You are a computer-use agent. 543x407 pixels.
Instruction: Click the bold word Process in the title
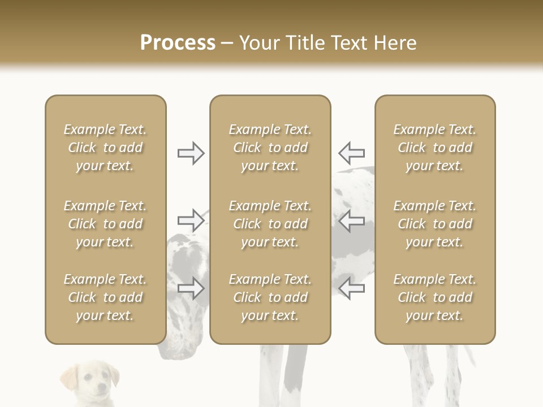(178, 42)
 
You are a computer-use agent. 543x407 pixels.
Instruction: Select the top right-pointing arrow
(191, 153)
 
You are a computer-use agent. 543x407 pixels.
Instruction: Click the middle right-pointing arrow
(191, 220)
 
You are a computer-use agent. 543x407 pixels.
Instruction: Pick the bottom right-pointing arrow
(191, 288)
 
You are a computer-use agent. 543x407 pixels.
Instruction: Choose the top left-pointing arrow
(351, 153)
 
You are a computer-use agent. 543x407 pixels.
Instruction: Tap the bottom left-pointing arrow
(351, 288)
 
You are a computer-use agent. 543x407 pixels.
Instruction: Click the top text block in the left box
(105, 148)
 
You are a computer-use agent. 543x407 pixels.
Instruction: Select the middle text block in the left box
(105, 224)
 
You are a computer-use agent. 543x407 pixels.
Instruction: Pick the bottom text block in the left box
(105, 297)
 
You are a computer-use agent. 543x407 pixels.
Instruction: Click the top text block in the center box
(270, 148)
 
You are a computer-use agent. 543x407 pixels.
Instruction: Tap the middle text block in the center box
(270, 224)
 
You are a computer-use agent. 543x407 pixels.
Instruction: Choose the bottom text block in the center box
(270, 297)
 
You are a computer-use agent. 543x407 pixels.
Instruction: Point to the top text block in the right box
(435, 148)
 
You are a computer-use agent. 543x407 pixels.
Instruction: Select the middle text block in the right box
(435, 224)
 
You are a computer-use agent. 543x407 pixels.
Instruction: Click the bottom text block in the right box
(435, 297)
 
